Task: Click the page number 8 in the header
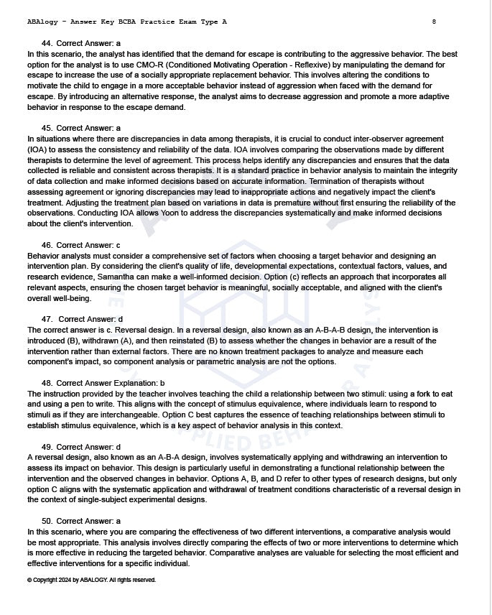point(434,22)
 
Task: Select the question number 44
point(47,43)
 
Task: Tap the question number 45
point(47,128)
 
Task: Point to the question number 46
point(47,245)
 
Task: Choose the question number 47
point(47,319)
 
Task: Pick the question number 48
point(47,383)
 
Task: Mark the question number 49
point(47,447)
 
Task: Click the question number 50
point(47,521)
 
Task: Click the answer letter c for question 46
point(119,245)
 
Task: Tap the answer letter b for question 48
point(162,383)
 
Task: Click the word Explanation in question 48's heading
point(136,383)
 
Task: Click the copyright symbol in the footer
point(29,580)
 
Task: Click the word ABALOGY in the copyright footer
point(93,580)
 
